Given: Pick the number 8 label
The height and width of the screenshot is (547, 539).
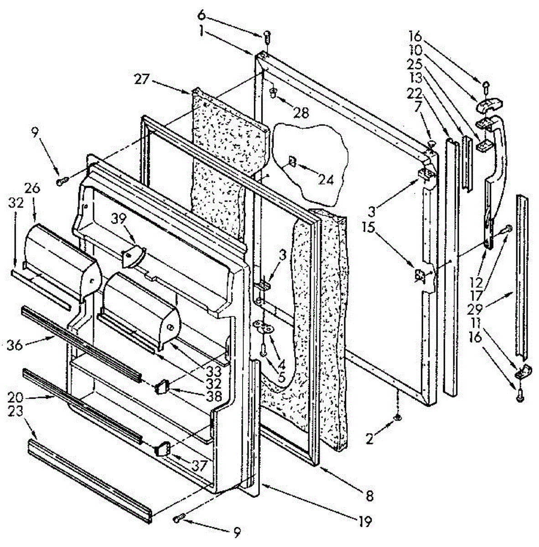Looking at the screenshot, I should click(x=369, y=495).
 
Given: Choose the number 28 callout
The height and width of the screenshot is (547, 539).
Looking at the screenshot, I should click(x=301, y=112).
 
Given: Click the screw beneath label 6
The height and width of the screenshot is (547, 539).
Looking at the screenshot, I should click(x=268, y=35).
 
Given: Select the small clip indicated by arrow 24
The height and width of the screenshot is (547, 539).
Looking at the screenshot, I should click(x=292, y=161).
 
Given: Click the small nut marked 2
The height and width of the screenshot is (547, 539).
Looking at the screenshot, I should click(x=398, y=416).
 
